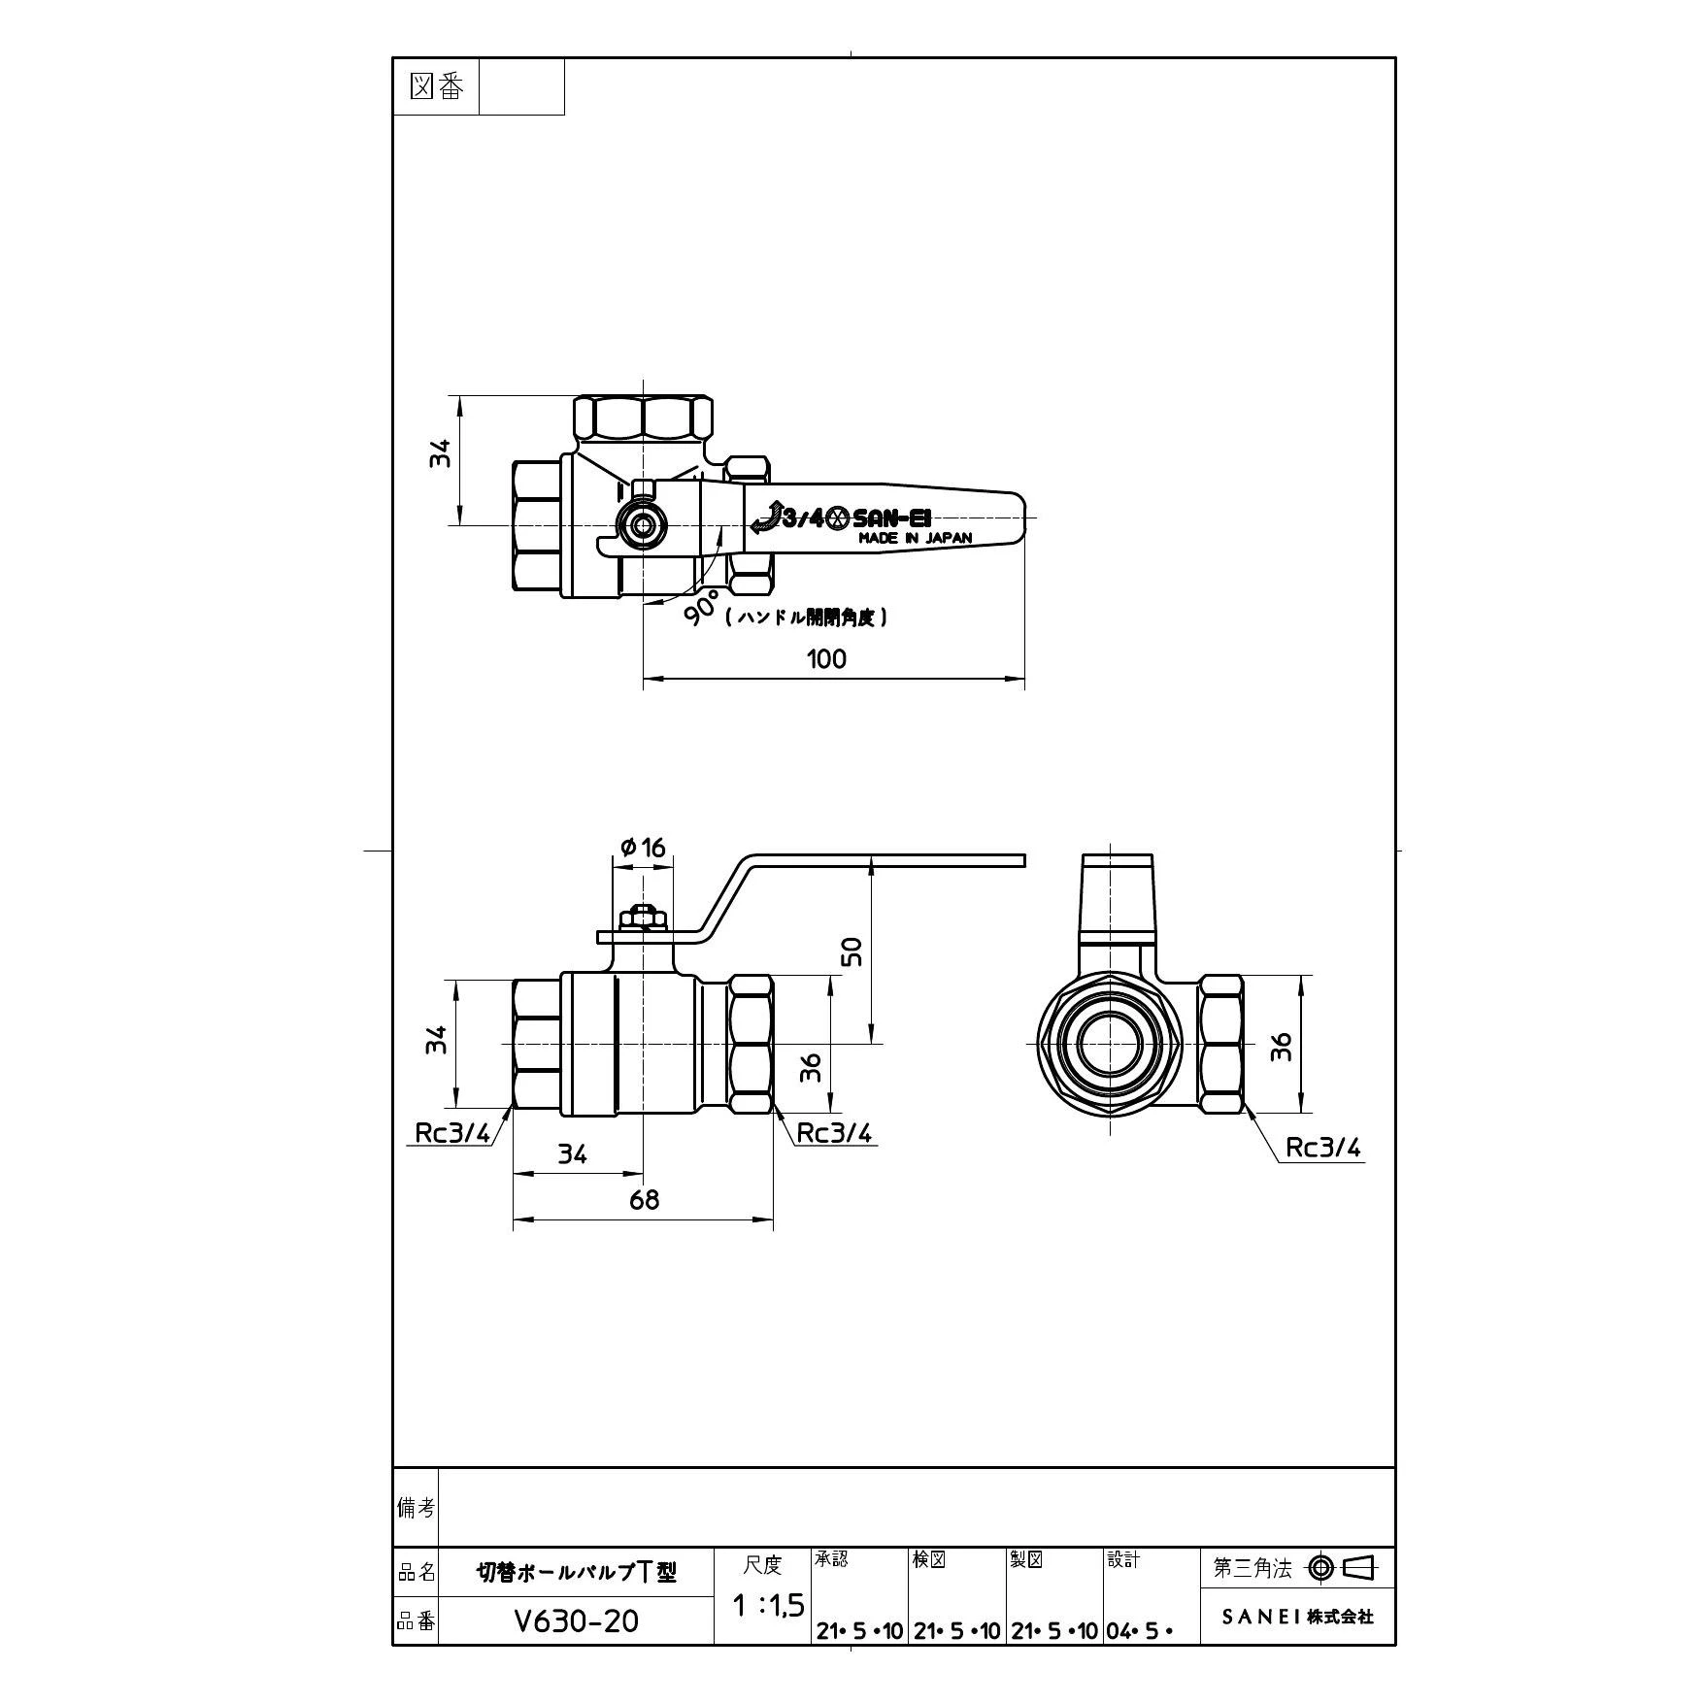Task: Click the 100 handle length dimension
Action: click(826, 659)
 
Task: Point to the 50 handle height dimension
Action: click(851, 951)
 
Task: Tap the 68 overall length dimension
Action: click(644, 1200)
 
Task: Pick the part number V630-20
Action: click(578, 1620)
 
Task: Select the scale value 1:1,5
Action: click(767, 1606)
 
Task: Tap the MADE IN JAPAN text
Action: click(915, 538)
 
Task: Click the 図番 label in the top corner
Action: click(437, 87)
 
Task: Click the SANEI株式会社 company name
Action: click(1297, 1617)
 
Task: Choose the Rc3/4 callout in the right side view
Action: click(1323, 1148)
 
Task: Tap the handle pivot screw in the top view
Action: click(642, 525)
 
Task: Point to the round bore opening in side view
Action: click(1109, 1044)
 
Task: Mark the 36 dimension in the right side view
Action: click(1282, 1046)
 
